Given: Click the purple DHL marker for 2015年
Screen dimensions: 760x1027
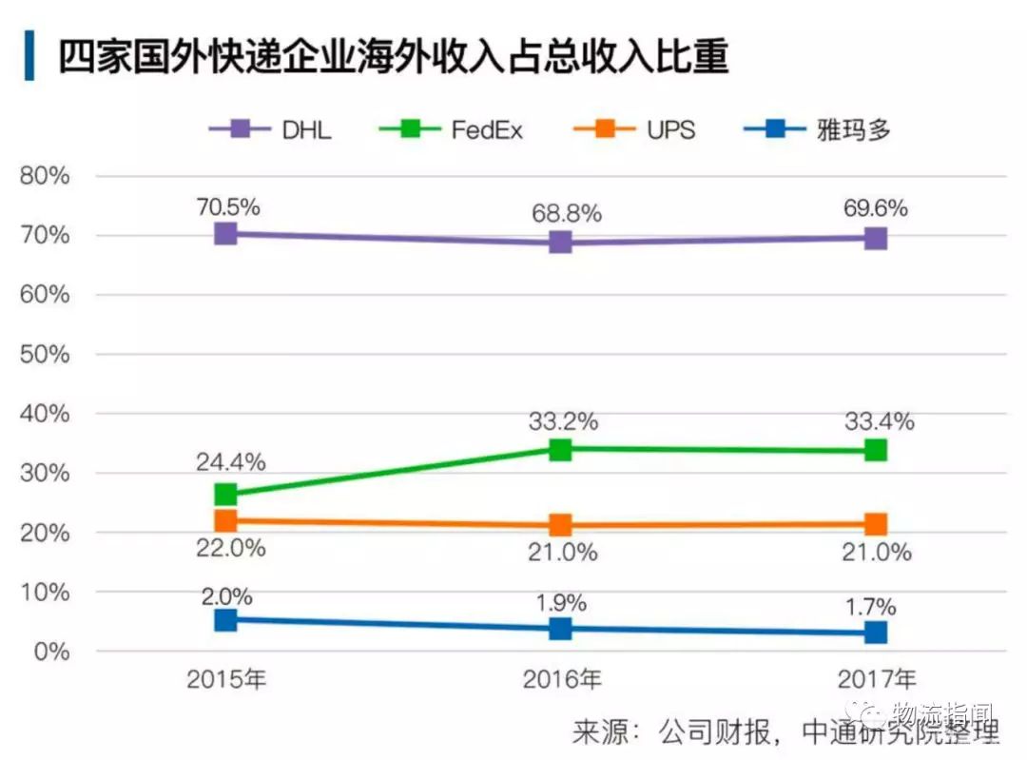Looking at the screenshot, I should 225,234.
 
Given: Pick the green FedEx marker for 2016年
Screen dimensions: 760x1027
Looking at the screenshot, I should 560,449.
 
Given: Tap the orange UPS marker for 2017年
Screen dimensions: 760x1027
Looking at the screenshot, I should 876,523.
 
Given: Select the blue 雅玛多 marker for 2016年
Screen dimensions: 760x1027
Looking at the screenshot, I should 560,628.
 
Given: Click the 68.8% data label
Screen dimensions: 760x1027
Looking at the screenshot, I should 566,214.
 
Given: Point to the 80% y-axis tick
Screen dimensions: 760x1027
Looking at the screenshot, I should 45,176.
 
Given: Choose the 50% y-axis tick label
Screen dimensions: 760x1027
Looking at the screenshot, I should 45,355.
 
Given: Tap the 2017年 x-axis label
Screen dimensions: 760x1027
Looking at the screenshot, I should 877,679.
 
